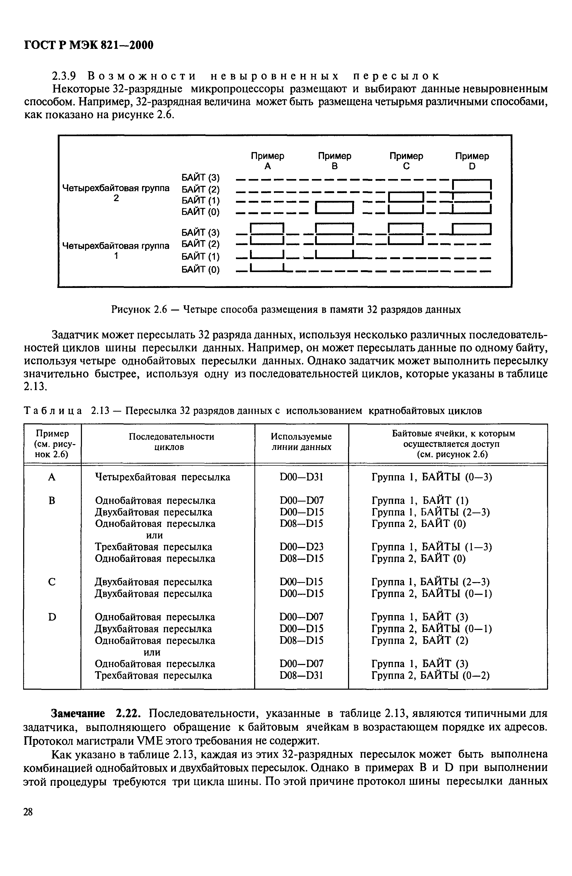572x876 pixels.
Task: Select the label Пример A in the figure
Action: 267,161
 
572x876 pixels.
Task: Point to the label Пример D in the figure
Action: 472,161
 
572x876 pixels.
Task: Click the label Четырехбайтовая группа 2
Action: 116,193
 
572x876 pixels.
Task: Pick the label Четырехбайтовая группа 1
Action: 116,250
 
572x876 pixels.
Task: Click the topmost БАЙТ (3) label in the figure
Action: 201,178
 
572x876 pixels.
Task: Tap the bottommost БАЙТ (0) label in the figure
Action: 201,270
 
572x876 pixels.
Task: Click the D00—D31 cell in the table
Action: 301,477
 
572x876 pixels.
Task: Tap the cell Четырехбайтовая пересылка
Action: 162,477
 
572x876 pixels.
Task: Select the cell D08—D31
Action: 301,675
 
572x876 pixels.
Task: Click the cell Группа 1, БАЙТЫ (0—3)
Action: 432,477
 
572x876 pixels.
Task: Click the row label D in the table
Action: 52,617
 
